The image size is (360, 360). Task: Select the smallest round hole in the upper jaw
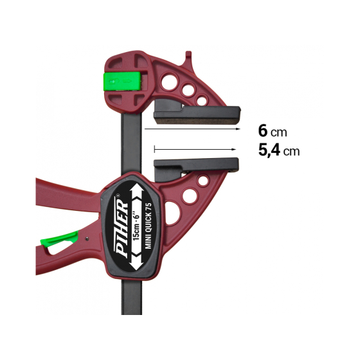[x=202, y=101]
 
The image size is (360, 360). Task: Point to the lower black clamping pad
[x=197, y=166]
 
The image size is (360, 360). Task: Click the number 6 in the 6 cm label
[x=262, y=131]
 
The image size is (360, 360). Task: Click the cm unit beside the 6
[x=278, y=132]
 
